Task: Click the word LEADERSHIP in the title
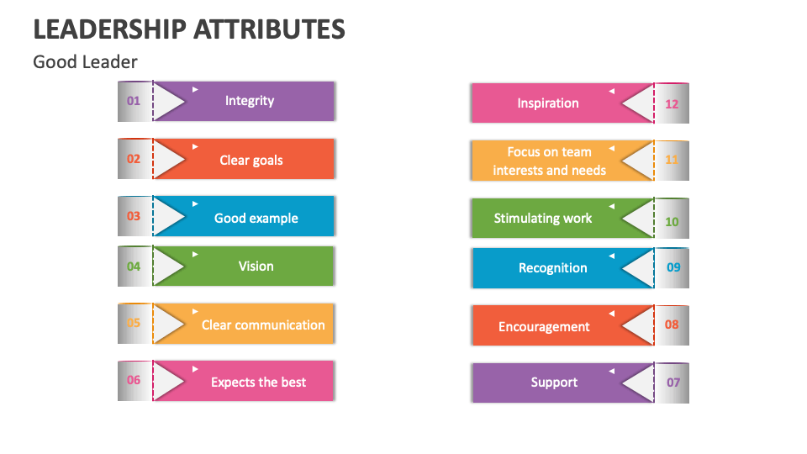[109, 29]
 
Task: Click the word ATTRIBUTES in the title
[269, 29]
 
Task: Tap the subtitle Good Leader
[85, 62]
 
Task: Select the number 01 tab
[134, 101]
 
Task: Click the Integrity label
[250, 101]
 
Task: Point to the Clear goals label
[251, 160]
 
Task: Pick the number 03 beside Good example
[134, 216]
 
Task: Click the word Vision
[256, 267]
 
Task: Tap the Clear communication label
[263, 325]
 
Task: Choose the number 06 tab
[134, 380]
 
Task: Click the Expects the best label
[258, 382]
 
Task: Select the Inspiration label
[548, 103]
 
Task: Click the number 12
[672, 104]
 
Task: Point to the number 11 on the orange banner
[672, 160]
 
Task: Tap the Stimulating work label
[543, 219]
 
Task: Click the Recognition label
[553, 268]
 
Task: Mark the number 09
[673, 267]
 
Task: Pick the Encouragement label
[544, 327]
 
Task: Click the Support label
[554, 382]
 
